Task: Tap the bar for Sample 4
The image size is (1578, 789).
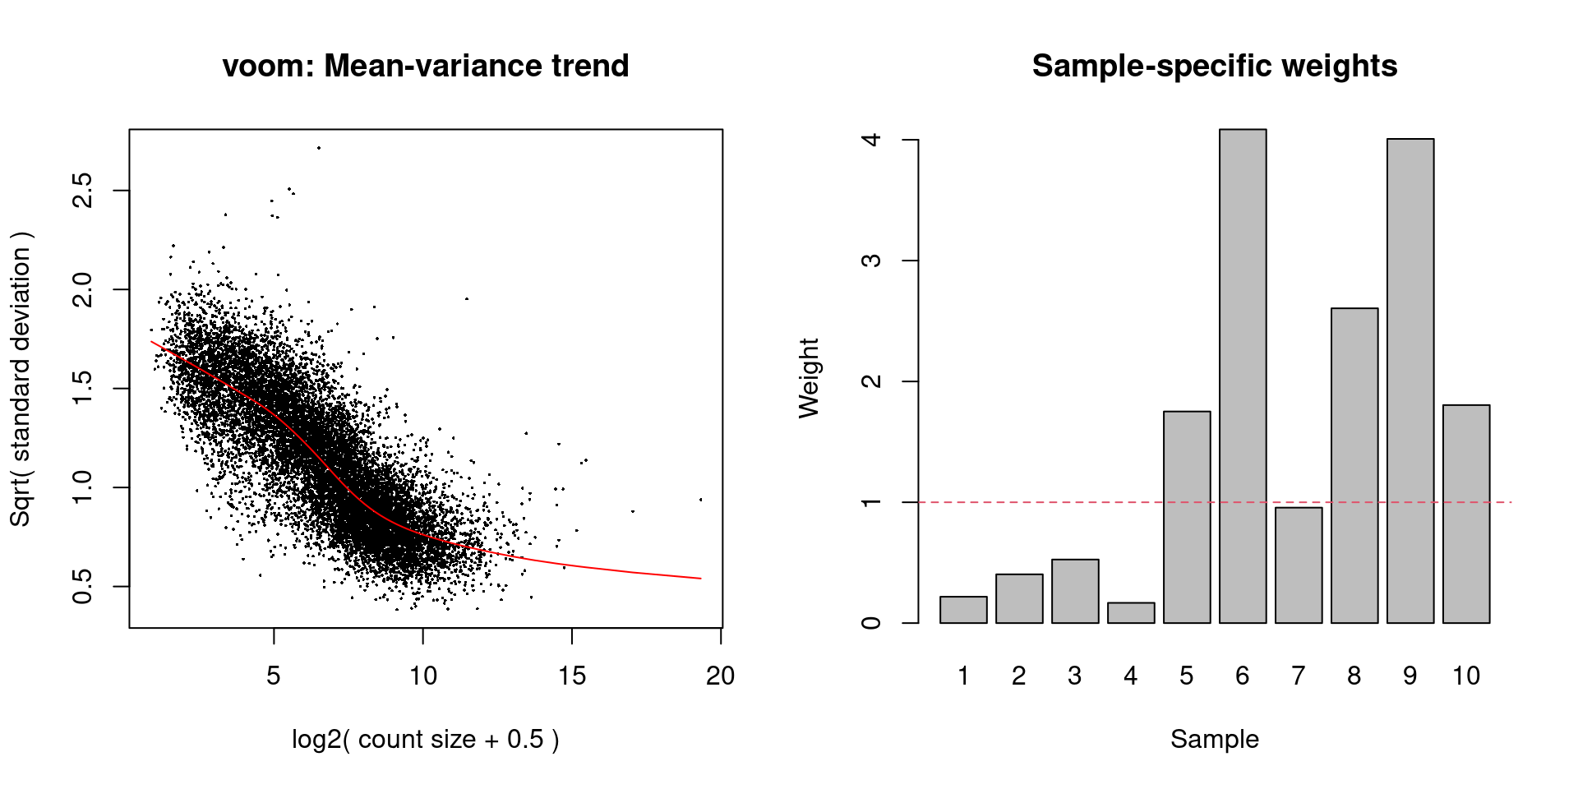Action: [1130, 613]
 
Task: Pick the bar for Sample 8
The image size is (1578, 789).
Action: [1354, 465]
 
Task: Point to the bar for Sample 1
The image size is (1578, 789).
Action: [963, 610]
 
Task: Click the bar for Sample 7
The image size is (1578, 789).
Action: [1299, 565]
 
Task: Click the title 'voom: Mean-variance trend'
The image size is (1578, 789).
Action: [425, 66]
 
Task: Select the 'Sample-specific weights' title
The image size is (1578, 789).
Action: [1214, 66]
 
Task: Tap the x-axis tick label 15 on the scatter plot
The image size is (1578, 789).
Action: [572, 676]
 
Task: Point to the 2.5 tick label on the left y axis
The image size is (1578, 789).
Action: [82, 191]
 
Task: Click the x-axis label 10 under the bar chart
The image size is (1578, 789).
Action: [1465, 676]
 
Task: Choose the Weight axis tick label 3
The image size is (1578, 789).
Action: [871, 261]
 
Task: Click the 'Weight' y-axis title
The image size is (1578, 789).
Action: [809, 378]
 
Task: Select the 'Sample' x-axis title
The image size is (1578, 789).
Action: [1214, 739]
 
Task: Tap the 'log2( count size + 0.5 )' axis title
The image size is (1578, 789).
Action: [425, 739]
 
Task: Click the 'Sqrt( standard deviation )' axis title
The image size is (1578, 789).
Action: [20, 378]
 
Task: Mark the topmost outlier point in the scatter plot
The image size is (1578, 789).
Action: [318, 148]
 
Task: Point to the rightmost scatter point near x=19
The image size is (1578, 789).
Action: [700, 500]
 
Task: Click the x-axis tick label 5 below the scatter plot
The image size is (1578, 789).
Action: [274, 676]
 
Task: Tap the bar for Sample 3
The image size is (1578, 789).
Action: [1075, 591]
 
